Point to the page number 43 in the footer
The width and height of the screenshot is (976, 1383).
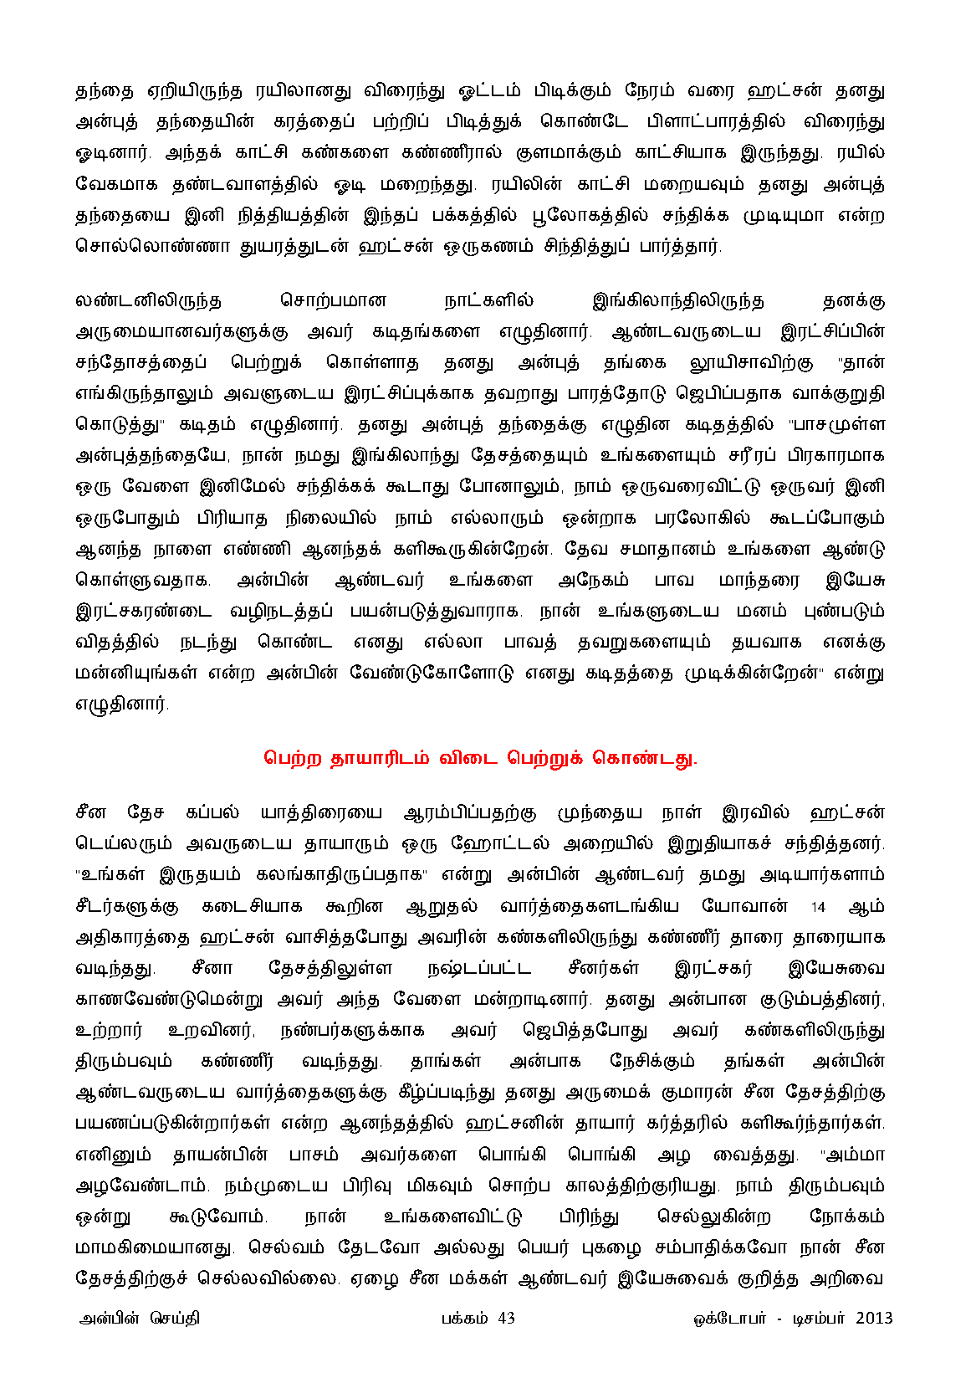(x=506, y=1319)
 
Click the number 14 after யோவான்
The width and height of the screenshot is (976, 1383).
(x=818, y=907)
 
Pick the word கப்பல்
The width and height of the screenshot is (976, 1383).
(x=212, y=813)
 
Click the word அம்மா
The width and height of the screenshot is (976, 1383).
(x=854, y=1155)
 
